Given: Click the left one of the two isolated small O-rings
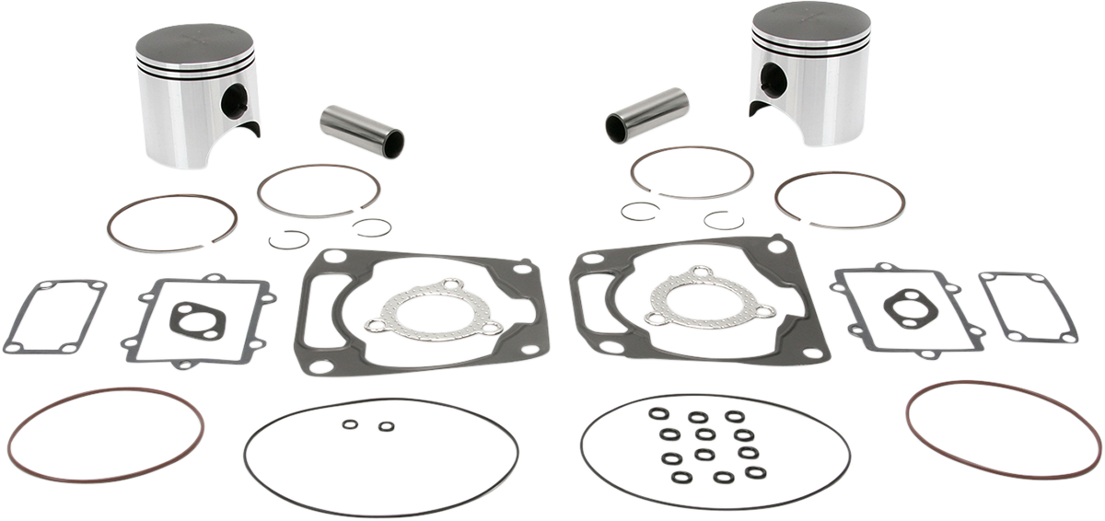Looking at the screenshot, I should pyautogui.click(x=350, y=424).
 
